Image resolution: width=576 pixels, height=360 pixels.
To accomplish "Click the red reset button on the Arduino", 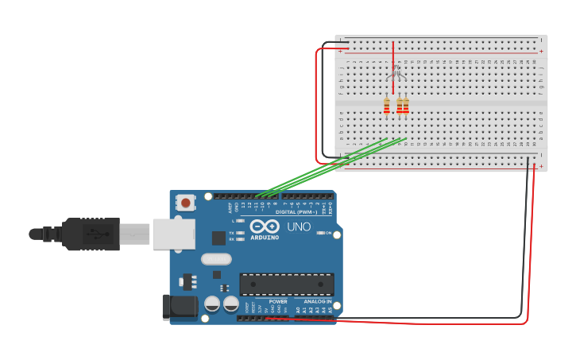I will pos(186,203).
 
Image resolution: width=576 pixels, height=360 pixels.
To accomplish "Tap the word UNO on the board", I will pos(299,227).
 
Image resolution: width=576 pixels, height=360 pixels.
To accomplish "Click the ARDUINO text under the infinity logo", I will pos(265,237).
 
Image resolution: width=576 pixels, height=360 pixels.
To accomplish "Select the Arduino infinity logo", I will pos(264,226).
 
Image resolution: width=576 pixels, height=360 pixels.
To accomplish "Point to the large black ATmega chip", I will pos(286,285).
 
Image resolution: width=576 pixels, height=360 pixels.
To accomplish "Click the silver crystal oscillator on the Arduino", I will pos(216,258).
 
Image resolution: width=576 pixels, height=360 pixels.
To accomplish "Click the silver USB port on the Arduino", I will pos(173,234).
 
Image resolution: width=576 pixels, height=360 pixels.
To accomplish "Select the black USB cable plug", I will pos(91,234).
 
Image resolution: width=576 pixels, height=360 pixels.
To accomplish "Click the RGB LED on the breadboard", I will pos(396,74).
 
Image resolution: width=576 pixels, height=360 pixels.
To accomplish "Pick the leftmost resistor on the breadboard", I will pos(387,106).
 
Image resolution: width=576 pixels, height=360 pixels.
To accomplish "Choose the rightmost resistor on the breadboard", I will pos(406,106).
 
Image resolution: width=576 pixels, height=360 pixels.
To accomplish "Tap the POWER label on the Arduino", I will pos(278,302).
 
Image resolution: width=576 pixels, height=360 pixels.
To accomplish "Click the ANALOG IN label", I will pos(317,302).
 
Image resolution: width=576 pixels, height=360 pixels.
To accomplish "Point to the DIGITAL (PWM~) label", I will pos(296,212).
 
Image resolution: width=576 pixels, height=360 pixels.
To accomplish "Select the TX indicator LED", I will pos(240,232).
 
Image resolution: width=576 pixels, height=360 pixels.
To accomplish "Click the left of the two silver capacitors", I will pos(212,304).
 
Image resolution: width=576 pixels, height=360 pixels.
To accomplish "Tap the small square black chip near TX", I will pos(218,238).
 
